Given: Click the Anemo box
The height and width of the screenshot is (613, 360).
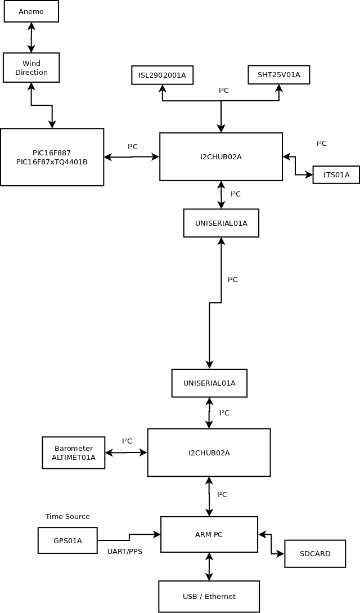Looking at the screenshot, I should pos(31,12).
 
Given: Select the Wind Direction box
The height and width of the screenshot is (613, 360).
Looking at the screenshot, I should pos(31,68).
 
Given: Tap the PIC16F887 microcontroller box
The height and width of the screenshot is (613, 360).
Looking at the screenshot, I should pos(52,157).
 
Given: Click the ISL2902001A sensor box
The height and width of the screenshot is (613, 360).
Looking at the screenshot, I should pos(163,75).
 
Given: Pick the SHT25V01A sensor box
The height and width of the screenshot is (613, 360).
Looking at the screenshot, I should pos(279,75).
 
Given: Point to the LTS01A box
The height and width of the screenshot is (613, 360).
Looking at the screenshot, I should pos(336,175).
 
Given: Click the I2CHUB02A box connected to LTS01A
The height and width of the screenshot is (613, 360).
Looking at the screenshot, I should pos(221,157).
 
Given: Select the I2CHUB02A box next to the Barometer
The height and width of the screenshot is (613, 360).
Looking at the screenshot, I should pos(209,453).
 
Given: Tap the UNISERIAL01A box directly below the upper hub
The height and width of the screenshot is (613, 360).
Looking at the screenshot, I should pos(221,223).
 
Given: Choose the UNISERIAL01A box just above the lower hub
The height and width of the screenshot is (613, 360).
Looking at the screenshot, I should pos(209,383).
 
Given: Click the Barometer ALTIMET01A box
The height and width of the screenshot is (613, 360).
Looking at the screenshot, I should pos(74,453).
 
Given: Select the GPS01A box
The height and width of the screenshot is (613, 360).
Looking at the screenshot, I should pos(67,540).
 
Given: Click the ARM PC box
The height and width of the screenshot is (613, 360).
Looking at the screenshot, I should pos(209,535).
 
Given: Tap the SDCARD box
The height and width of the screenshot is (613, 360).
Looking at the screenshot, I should pos(315,554).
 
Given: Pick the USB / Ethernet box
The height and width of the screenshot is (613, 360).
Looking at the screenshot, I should pos(209,597).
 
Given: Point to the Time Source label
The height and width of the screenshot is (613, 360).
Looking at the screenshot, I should pos(67,517).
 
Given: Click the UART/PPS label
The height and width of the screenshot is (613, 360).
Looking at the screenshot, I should pos(125,552).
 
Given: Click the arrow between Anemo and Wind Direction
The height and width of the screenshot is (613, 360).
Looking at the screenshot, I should pos(31,38).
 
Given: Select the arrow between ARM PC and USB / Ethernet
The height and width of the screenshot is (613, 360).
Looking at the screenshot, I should pos(209,567).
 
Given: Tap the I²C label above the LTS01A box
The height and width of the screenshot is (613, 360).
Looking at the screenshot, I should pos(322,144).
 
